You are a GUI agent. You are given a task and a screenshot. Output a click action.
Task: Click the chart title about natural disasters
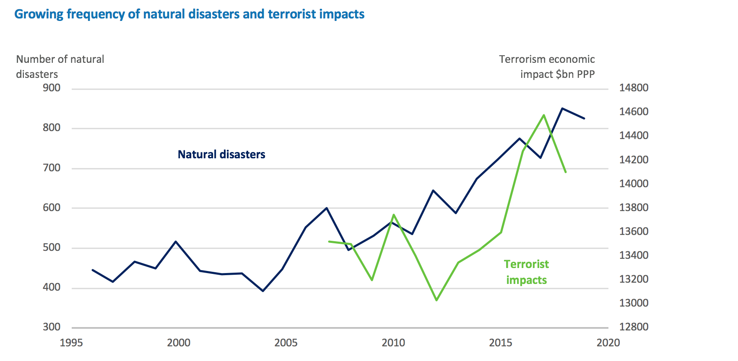189,14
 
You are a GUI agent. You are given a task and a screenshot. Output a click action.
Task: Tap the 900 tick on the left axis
52,88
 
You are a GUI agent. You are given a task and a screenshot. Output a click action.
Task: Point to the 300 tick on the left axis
52,327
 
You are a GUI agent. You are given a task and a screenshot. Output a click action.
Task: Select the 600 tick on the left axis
52,208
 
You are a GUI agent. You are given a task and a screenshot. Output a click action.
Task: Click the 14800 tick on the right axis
634,88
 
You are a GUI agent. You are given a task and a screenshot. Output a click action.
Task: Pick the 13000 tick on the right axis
634,303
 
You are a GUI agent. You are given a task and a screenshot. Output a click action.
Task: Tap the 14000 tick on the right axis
634,183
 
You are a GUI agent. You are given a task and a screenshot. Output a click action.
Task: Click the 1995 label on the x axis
71,343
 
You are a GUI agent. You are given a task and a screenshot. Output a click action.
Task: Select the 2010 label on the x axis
393,343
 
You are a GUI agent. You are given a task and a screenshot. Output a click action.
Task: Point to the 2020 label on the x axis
608,343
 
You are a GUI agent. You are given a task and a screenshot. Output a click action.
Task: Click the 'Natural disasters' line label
221,155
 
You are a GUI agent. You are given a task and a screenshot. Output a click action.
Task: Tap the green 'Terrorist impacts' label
526,272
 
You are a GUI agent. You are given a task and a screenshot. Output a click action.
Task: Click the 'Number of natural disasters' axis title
60,67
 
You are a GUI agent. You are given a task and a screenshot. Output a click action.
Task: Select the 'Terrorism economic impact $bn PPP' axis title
547,67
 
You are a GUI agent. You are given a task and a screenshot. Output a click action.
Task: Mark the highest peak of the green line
544,115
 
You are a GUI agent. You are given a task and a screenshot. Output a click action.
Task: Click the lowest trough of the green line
437,300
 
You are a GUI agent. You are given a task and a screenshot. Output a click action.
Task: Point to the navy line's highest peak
562,108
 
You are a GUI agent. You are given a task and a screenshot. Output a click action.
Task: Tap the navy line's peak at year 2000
175,242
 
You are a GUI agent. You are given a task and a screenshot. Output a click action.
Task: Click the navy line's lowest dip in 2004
263,291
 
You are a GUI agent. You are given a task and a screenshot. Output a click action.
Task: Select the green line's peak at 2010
393,215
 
